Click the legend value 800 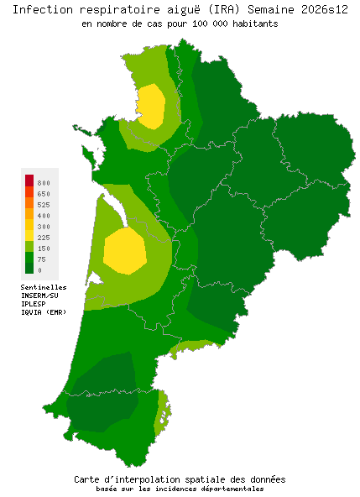point(44,183)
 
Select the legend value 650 point(44,194)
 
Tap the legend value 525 point(44,205)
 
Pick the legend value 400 point(44,216)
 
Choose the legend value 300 point(44,227)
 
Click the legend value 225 point(44,238)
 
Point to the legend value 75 point(42,259)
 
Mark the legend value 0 point(39,270)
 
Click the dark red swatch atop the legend point(29,180)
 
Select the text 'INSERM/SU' point(39,296)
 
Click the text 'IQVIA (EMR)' point(44,312)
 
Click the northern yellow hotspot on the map point(151,105)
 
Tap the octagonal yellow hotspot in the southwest point(125,250)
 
